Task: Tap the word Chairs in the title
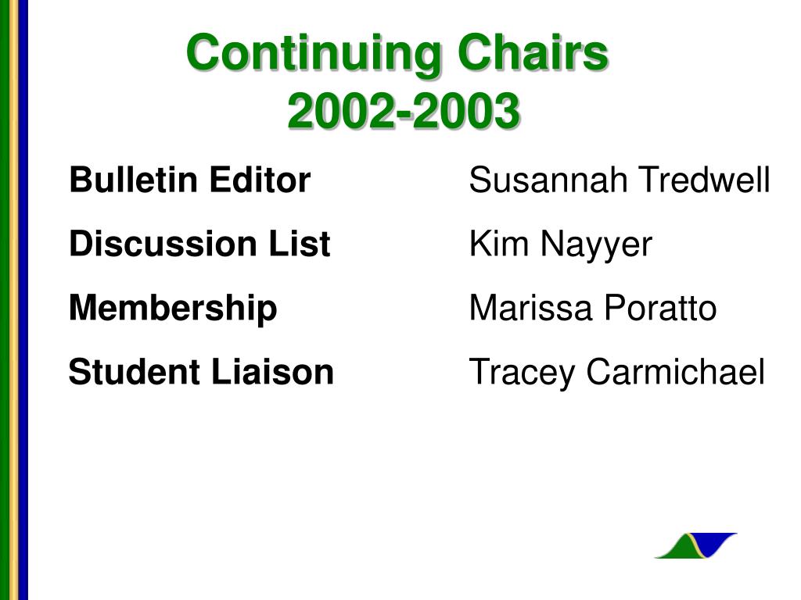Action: coord(533,52)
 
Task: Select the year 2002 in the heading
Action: coord(342,110)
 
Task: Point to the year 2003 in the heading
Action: coord(466,110)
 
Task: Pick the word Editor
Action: coord(260,180)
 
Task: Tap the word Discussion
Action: coord(163,243)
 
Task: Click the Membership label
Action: coord(173,309)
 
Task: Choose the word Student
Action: coord(135,371)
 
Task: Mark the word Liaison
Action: coord(272,371)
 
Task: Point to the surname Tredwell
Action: coord(705,180)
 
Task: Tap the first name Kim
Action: coord(498,243)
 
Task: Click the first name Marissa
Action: coord(530,308)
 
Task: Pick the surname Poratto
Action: coord(660,308)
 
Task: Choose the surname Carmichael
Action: coord(675,371)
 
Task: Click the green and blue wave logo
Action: coord(695,545)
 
